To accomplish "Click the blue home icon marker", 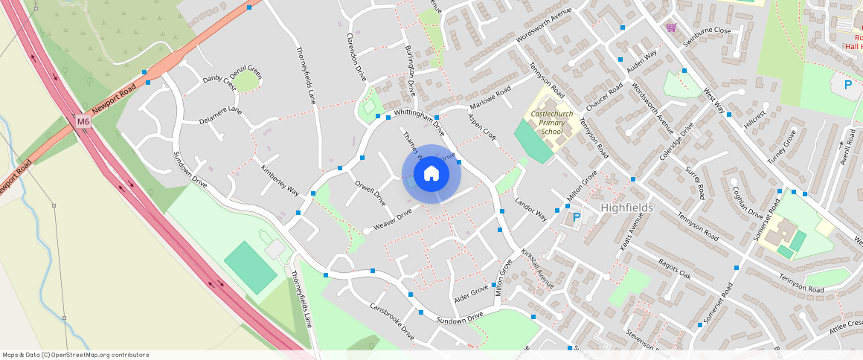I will click(x=431, y=174).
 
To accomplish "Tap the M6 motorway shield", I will click(x=83, y=121).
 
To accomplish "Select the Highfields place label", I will click(x=626, y=208).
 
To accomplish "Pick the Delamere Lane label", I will click(x=220, y=115).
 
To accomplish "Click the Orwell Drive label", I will click(x=370, y=193).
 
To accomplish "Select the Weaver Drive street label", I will click(x=392, y=219).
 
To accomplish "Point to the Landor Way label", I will click(x=531, y=209).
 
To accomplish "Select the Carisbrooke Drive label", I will click(x=392, y=321).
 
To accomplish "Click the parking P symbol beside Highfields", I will click(x=576, y=219).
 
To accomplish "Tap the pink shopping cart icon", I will click(x=672, y=28).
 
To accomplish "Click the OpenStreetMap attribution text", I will click(x=75, y=355).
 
